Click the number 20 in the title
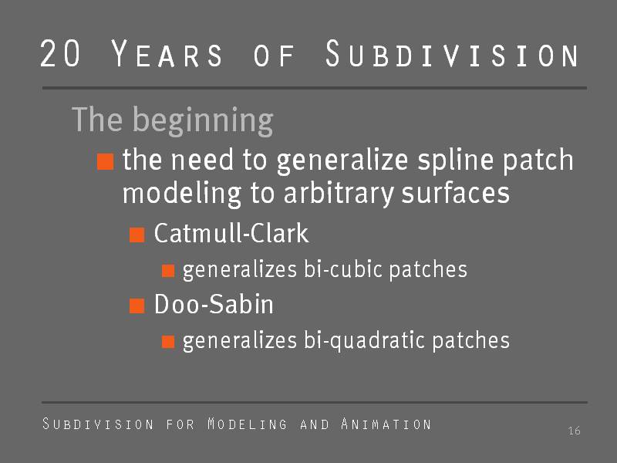tap(60, 52)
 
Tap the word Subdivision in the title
tap(452, 53)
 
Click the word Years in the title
tap(167, 53)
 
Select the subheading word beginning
tap(202, 121)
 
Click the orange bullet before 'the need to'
tap(106, 161)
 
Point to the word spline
tap(456, 161)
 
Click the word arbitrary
tap(339, 194)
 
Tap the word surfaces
tap(455, 194)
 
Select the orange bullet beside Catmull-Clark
tap(137, 235)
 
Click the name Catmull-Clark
tap(231, 233)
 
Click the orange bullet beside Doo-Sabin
tap(137, 306)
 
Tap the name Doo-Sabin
tap(214, 304)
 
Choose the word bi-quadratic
tap(364, 341)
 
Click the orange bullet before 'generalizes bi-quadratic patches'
tap(168, 342)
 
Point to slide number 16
tap(574, 431)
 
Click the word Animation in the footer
tap(386, 424)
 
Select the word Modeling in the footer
tap(247, 424)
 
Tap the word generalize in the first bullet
tap(342, 162)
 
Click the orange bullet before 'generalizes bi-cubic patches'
tap(168, 271)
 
